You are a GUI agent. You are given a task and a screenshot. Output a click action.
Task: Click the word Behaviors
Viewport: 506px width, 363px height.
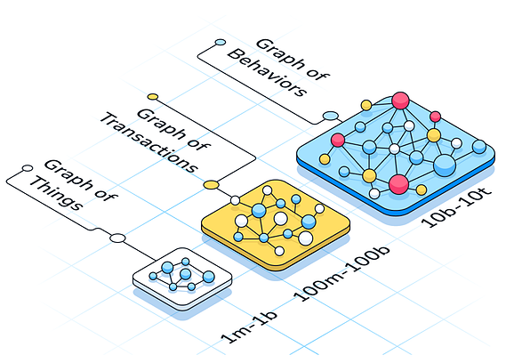pyautogui.click(x=267, y=73)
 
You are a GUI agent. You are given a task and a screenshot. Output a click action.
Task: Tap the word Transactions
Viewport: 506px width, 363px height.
pyautogui.click(x=149, y=142)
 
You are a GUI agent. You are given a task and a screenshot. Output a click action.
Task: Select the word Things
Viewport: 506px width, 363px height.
pyautogui.click(x=56, y=193)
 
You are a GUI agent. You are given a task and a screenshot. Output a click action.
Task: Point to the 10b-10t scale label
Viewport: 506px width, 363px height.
pyautogui.click(x=455, y=207)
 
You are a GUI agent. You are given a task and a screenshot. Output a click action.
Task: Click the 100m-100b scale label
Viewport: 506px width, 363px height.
pyautogui.click(x=341, y=274)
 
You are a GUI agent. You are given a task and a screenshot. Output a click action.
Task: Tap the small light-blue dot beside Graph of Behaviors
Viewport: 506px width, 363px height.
pyautogui.click(x=221, y=43)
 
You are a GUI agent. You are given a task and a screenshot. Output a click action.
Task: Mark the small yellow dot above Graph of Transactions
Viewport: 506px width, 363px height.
pyautogui.click(x=153, y=97)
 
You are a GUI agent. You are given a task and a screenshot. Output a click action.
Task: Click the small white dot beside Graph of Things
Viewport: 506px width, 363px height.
pyautogui.click(x=28, y=168)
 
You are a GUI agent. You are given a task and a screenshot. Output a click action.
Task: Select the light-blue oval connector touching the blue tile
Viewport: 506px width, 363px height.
pyautogui.click(x=331, y=116)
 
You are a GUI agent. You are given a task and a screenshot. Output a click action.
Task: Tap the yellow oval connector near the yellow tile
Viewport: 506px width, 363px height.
pyautogui.click(x=212, y=185)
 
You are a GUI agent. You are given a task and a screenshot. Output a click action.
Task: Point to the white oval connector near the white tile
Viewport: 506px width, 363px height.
pyautogui.click(x=117, y=238)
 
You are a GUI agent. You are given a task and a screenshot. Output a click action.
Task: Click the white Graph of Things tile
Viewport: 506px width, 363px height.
pyautogui.click(x=182, y=278)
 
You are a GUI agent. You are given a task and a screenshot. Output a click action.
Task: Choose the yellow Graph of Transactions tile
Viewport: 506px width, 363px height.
pyautogui.click(x=276, y=224)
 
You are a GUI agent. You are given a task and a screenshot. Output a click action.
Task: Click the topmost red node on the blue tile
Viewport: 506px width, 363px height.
pyautogui.click(x=400, y=101)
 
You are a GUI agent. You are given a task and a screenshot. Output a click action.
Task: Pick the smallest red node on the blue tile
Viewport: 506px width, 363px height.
pyautogui.click(x=436, y=117)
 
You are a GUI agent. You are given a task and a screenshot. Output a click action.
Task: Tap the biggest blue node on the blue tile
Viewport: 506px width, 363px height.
pyautogui.click(x=445, y=165)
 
